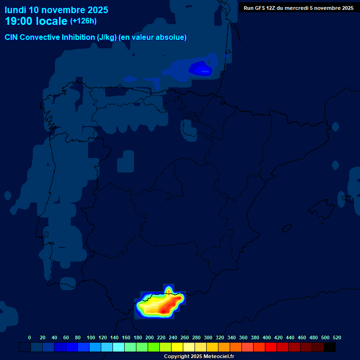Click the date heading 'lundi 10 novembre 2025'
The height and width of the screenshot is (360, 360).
click(x=56, y=10)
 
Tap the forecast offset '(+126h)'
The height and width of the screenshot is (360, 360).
click(x=83, y=21)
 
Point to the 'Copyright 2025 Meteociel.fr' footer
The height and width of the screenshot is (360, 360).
click(x=199, y=356)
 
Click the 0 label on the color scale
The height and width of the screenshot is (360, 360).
click(x=30, y=337)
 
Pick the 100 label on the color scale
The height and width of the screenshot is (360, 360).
click(x=90, y=337)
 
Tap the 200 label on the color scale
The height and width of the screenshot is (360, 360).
click(x=150, y=337)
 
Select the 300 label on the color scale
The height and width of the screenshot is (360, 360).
click(x=208, y=337)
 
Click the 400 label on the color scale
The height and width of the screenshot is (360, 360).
click(x=267, y=337)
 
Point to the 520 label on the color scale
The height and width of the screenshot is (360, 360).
click(x=337, y=337)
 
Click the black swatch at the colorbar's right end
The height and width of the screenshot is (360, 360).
click(x=330, y=347)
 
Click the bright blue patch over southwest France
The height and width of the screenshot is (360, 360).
click(x=201, y=69)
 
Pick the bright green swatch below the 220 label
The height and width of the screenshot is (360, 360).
click(x=154, y=347)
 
